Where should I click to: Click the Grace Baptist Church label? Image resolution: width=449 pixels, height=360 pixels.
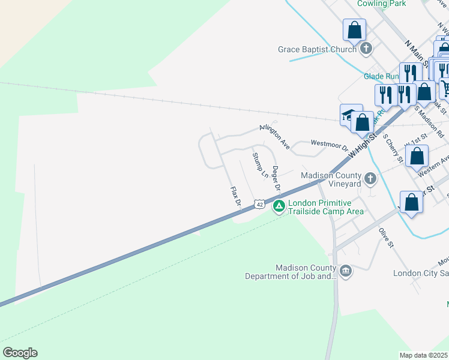tap(317, 50)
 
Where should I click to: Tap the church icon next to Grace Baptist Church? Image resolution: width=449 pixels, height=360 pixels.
tap(366, 48)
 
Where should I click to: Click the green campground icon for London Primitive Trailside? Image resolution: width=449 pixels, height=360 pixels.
tap(279, 207)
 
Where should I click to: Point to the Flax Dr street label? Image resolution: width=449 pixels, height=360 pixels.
tap(236, 197)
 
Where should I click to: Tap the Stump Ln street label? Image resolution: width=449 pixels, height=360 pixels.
tap(260, 166)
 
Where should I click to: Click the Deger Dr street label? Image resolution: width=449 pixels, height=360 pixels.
tap(276, 179)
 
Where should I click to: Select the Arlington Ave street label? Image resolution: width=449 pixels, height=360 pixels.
tap(275, 136)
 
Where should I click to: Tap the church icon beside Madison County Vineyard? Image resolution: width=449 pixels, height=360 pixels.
tap(370, 178)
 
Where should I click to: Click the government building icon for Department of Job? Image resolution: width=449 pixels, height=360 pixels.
tap(345, 272)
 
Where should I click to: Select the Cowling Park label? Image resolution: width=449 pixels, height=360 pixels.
tap(382, 4)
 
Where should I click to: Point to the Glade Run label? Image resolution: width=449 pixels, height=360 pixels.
tap(381, 76)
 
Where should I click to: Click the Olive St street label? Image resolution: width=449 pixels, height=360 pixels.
tap(385, 237)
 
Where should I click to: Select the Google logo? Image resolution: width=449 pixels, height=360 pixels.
tap(20, 353)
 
